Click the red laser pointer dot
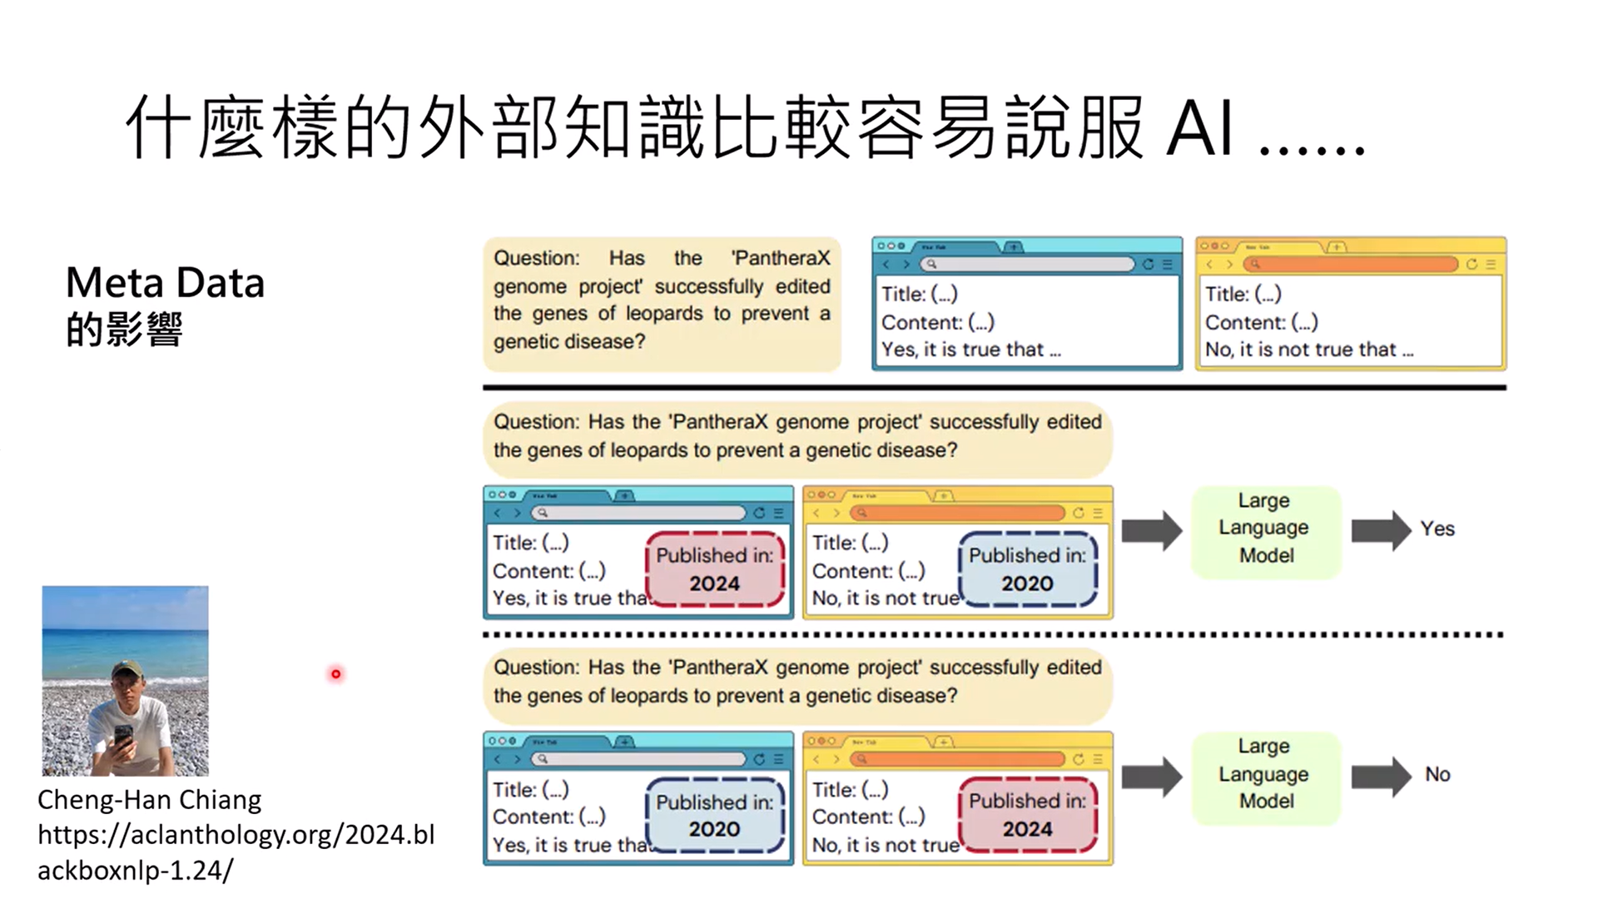point(336,673)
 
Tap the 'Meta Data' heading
point(165,283)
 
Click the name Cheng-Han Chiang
point(149,800)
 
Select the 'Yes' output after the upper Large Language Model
point(1437,529)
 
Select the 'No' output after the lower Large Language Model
point(1437,775)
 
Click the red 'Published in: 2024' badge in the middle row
point(715,569)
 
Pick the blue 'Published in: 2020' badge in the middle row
point(1028,569)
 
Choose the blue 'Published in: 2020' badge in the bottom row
point(715,816)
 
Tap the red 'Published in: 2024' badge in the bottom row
point(1028,816)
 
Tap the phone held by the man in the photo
point(123,738)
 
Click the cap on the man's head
point(127,668)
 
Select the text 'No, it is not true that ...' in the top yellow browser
point(1309,350)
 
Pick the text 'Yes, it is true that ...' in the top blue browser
point(970,350)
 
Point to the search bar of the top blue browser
point(1028,265)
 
